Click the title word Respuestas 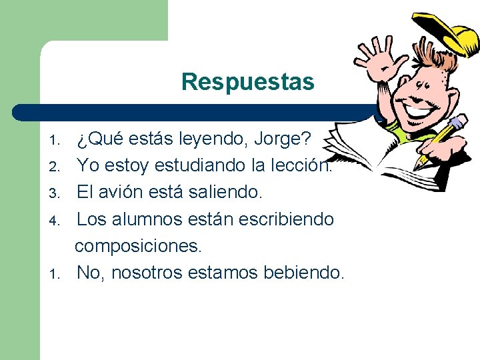click(x=247, y=82)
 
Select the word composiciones click(x=137, y=245)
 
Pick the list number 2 click(x=57, y=165)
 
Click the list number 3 click(x=57, y=193)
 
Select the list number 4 click(x=57, y=220)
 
